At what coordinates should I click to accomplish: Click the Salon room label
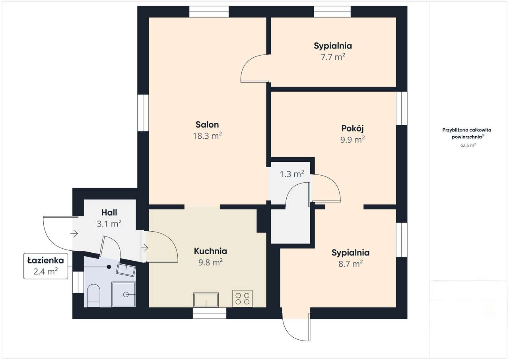tap(207, 125)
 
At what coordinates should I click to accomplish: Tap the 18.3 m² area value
tap(207, 136)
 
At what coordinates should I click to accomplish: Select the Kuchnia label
tap(210, 251)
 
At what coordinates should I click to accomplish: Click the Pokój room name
tap(352, 128)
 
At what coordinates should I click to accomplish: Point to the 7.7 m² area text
tap(333, 57)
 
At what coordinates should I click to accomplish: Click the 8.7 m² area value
tap(351, 264)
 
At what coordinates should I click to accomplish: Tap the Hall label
tap(109, 213)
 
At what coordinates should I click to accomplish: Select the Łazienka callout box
tap(45, 266)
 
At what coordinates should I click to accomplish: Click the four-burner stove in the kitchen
tap(242, 299)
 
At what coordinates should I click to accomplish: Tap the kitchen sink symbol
tap(206, 300)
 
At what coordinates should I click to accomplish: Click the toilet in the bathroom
tap(93, 296)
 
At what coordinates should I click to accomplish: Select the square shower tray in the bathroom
tap(124, 294)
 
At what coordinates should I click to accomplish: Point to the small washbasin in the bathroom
tap(126, 270)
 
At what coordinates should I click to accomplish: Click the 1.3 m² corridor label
tap(292, 174)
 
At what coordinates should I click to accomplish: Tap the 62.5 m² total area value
tap(468, 145)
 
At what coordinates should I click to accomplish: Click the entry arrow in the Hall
tap(74, 234)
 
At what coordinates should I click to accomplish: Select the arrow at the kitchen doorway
tap(144, 248)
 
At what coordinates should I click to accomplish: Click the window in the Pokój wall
tap(402, 108)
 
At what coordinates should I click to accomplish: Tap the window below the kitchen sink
tap(210, 313)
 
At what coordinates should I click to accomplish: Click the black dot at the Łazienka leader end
tap(109, 267)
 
